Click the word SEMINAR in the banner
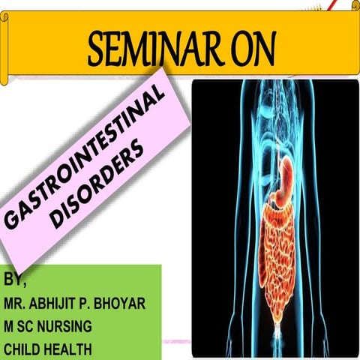[x=146, y=50]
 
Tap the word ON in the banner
[x=243, y=50]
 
